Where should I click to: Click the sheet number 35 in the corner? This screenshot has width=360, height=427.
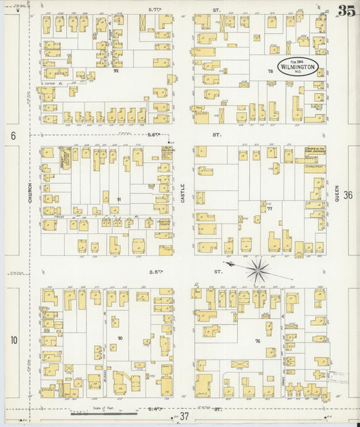click(x=346, y=11)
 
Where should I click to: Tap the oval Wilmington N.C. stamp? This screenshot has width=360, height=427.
click(x=297, y=67)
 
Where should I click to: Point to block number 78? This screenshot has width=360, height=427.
click(x=269, y=71)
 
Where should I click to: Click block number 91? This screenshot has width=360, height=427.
click(x=119, y=199)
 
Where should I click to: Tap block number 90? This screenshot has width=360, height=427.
click(x=120, y=337)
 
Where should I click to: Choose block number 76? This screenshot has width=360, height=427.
click(x=257, y=341)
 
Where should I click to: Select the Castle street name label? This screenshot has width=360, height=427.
click(x=182, y=195)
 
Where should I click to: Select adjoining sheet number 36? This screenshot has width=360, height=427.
click(x=348, y=195)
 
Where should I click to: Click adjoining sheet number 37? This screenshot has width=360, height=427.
click(x=184, y=417)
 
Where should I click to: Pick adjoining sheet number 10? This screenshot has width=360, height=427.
click(x=13, y=340)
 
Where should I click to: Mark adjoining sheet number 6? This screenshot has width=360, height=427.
click(x=13, y=136)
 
